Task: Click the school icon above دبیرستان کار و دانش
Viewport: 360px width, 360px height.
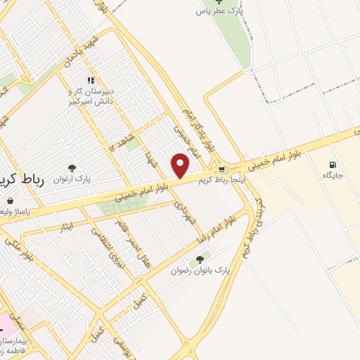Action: click(x=90, y=80)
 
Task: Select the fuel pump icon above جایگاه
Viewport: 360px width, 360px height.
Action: click(x=332, y=165)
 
